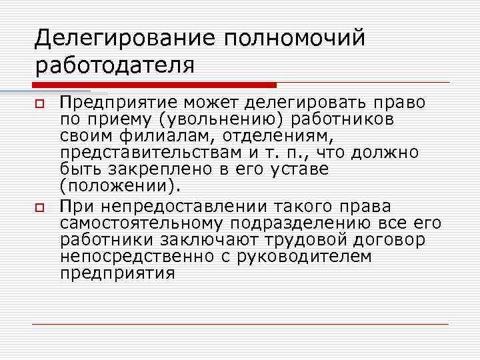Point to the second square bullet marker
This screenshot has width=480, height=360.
point(39,209)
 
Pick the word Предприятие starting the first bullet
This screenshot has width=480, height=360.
point(117,103)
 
